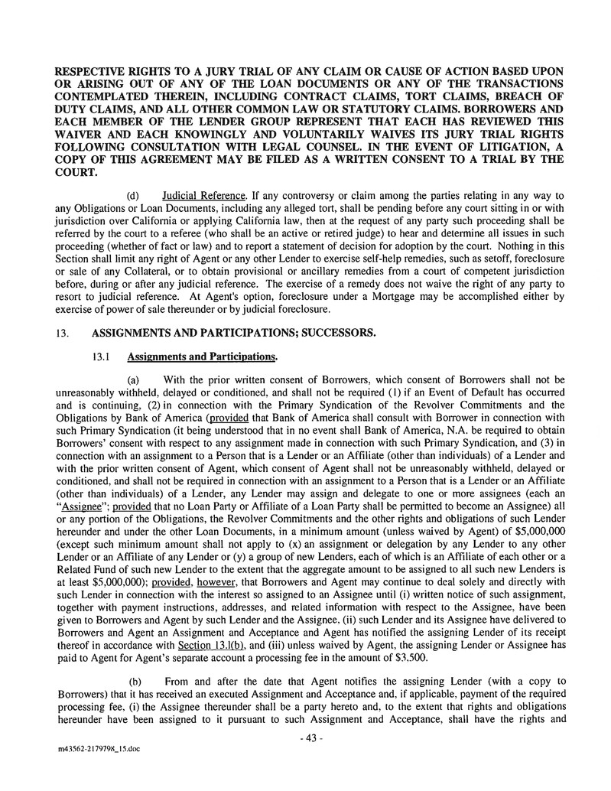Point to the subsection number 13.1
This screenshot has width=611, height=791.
pyautogui.click(x=102, y=356)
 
